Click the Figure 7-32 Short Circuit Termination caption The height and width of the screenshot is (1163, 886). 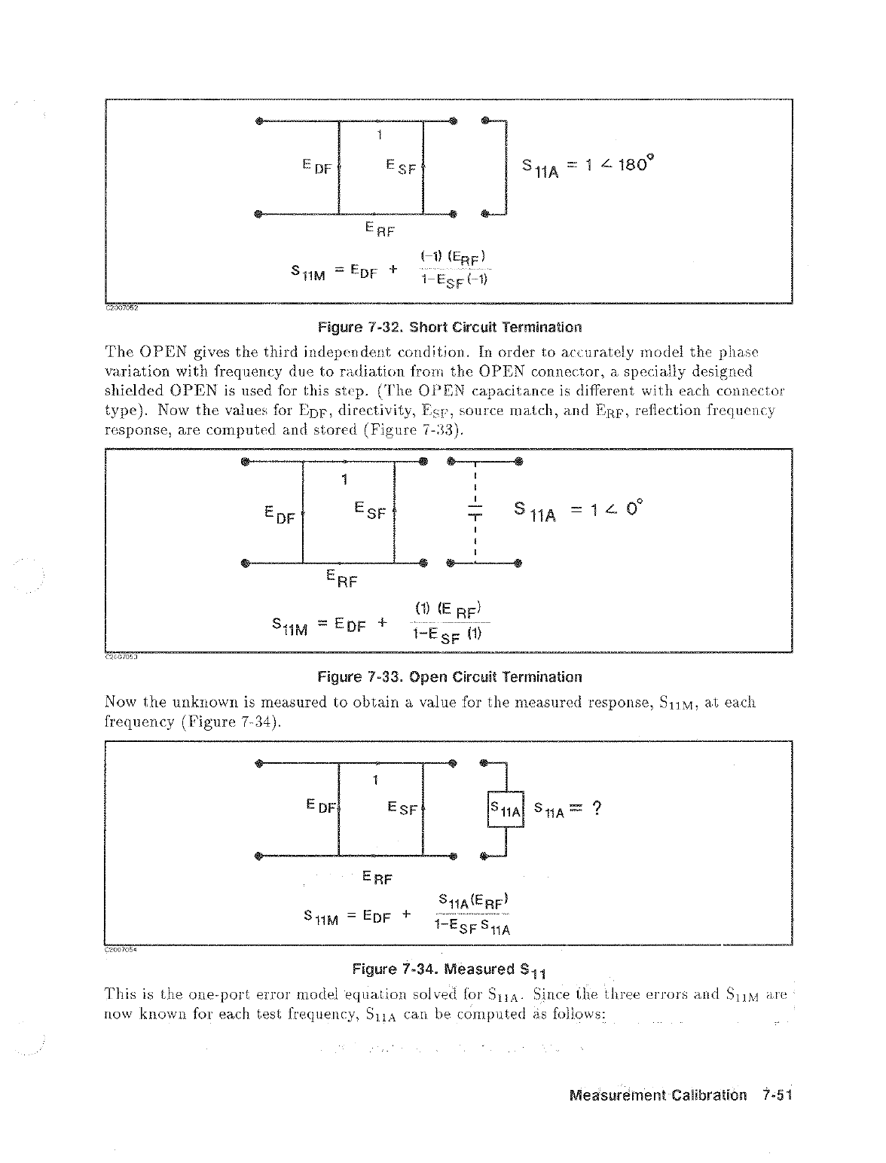[x=450, y=328]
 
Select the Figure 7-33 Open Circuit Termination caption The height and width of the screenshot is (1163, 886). [x=450, y=676]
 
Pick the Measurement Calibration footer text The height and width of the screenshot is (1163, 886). [x=658, y=1095]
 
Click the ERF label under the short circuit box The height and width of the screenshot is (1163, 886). [x=379, y=228]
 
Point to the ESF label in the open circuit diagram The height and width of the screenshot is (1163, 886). [x=369, y=514]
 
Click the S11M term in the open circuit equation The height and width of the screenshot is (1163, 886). [x=289, y=627]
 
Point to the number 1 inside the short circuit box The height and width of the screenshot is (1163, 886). [x=380, y=136]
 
